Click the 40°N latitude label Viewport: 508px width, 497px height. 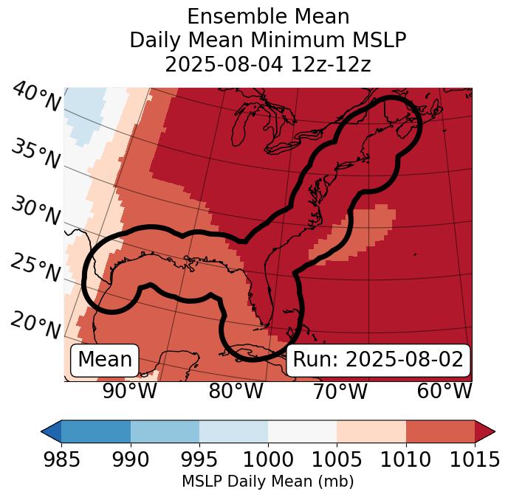36,97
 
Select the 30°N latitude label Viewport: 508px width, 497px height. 35,212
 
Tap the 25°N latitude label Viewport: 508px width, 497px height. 35,268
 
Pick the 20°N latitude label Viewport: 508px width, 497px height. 35,325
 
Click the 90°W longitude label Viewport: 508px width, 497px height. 130,391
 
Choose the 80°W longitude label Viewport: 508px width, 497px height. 236,391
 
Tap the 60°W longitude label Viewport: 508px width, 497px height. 444,391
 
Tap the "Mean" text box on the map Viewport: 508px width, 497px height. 105,360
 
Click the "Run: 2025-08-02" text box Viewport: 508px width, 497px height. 378,360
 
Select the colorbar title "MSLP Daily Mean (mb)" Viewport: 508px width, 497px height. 267,482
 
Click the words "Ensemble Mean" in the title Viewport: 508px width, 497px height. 267,16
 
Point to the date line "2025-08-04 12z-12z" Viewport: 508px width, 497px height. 267,64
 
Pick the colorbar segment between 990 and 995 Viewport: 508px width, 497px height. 165,431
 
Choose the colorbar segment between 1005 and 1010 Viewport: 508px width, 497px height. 371,431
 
